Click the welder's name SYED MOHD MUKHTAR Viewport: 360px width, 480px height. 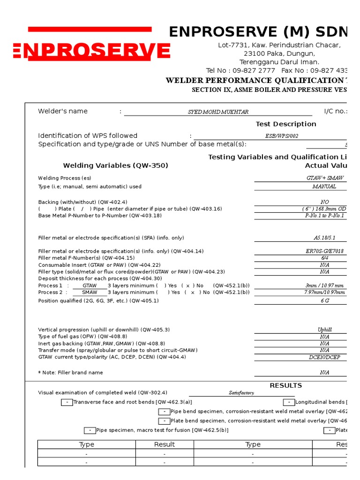tap(218, 112)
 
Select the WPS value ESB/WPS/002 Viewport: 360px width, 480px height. tap(281, 136)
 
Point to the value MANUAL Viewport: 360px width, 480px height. tap(324, 187)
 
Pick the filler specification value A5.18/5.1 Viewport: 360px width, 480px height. tap(324, 238)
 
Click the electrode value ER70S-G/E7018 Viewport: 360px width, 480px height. tap(324, 251)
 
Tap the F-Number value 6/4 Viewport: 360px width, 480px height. tap(324, 258)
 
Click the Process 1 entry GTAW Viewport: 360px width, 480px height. tap(90, 285)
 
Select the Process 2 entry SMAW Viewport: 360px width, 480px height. tap(90, 292)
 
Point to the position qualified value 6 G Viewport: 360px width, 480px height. tap(324, 300)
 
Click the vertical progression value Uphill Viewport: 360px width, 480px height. tap(324, 330)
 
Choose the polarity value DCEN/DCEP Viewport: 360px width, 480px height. tap(324, 357)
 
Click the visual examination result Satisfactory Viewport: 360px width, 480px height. tap(241, 393)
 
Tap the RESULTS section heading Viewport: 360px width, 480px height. tap(285, 385)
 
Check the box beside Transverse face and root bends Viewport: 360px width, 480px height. tap(67, 402)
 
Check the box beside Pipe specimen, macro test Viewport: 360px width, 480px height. tap(90, 430)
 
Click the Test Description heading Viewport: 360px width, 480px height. tap(285, 124)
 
